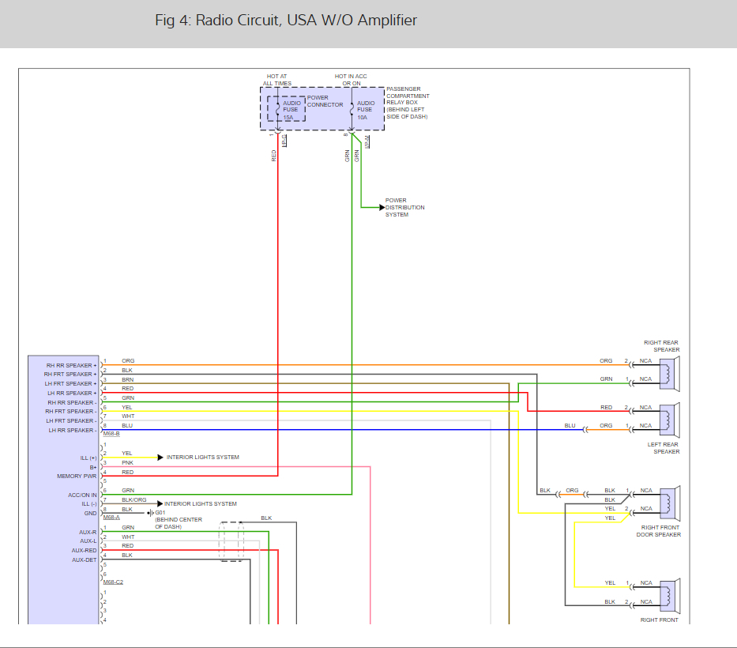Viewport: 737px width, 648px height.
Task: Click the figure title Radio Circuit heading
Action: coord(286,21)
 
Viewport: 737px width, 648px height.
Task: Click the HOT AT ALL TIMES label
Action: coord(277,80)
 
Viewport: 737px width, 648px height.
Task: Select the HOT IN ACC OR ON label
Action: coord(351,80)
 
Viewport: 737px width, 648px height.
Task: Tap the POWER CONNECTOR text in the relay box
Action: coord(325,101)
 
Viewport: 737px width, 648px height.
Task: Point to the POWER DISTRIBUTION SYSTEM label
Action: coord(404,208)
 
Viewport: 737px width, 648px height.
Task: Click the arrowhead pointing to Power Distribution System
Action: coord(382,207)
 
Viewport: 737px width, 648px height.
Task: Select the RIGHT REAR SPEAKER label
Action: coord(661,346)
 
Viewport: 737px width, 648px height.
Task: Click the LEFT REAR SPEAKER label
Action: coord(666,448)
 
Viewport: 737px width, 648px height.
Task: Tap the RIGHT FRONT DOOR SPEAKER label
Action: coord(659,531)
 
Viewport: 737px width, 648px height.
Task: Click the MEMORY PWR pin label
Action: coord(77,476)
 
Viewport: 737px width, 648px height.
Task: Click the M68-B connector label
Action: coord(111,433)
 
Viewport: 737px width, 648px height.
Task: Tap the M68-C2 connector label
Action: coord(113,582)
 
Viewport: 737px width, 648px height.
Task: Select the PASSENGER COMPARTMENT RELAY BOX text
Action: coord(408,101)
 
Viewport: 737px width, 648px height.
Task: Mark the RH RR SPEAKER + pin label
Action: coord(71,365)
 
